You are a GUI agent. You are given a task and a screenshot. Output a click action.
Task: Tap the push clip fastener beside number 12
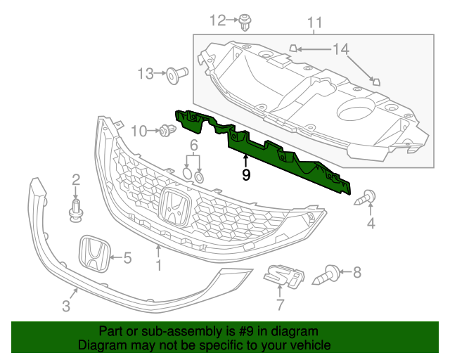tap(245, 22)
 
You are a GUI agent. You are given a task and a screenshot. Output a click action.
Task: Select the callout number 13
tap(146, 73)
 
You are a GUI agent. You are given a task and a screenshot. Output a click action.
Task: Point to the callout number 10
tap(139, 130)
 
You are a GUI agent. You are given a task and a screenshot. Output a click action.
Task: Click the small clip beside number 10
tap(167, 130)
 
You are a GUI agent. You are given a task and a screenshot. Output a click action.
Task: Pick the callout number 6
tap(193, 146)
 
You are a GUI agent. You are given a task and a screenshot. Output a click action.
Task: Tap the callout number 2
tap(75, 180)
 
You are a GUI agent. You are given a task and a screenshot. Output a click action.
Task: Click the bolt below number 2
tap(75, 210)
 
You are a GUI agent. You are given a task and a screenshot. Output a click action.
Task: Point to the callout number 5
tap(127, 258)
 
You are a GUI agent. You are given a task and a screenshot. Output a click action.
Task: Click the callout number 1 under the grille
tap(159, 265)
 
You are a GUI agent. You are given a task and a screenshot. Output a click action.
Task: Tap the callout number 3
tap(66, 306)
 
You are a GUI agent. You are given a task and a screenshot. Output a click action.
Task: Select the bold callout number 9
tap(245, 175)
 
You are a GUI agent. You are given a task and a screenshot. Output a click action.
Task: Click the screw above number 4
tap(367, 198)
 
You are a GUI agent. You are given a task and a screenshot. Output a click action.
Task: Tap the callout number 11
tap(314, 22)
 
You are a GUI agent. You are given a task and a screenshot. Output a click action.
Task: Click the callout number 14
tap(340, 49)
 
